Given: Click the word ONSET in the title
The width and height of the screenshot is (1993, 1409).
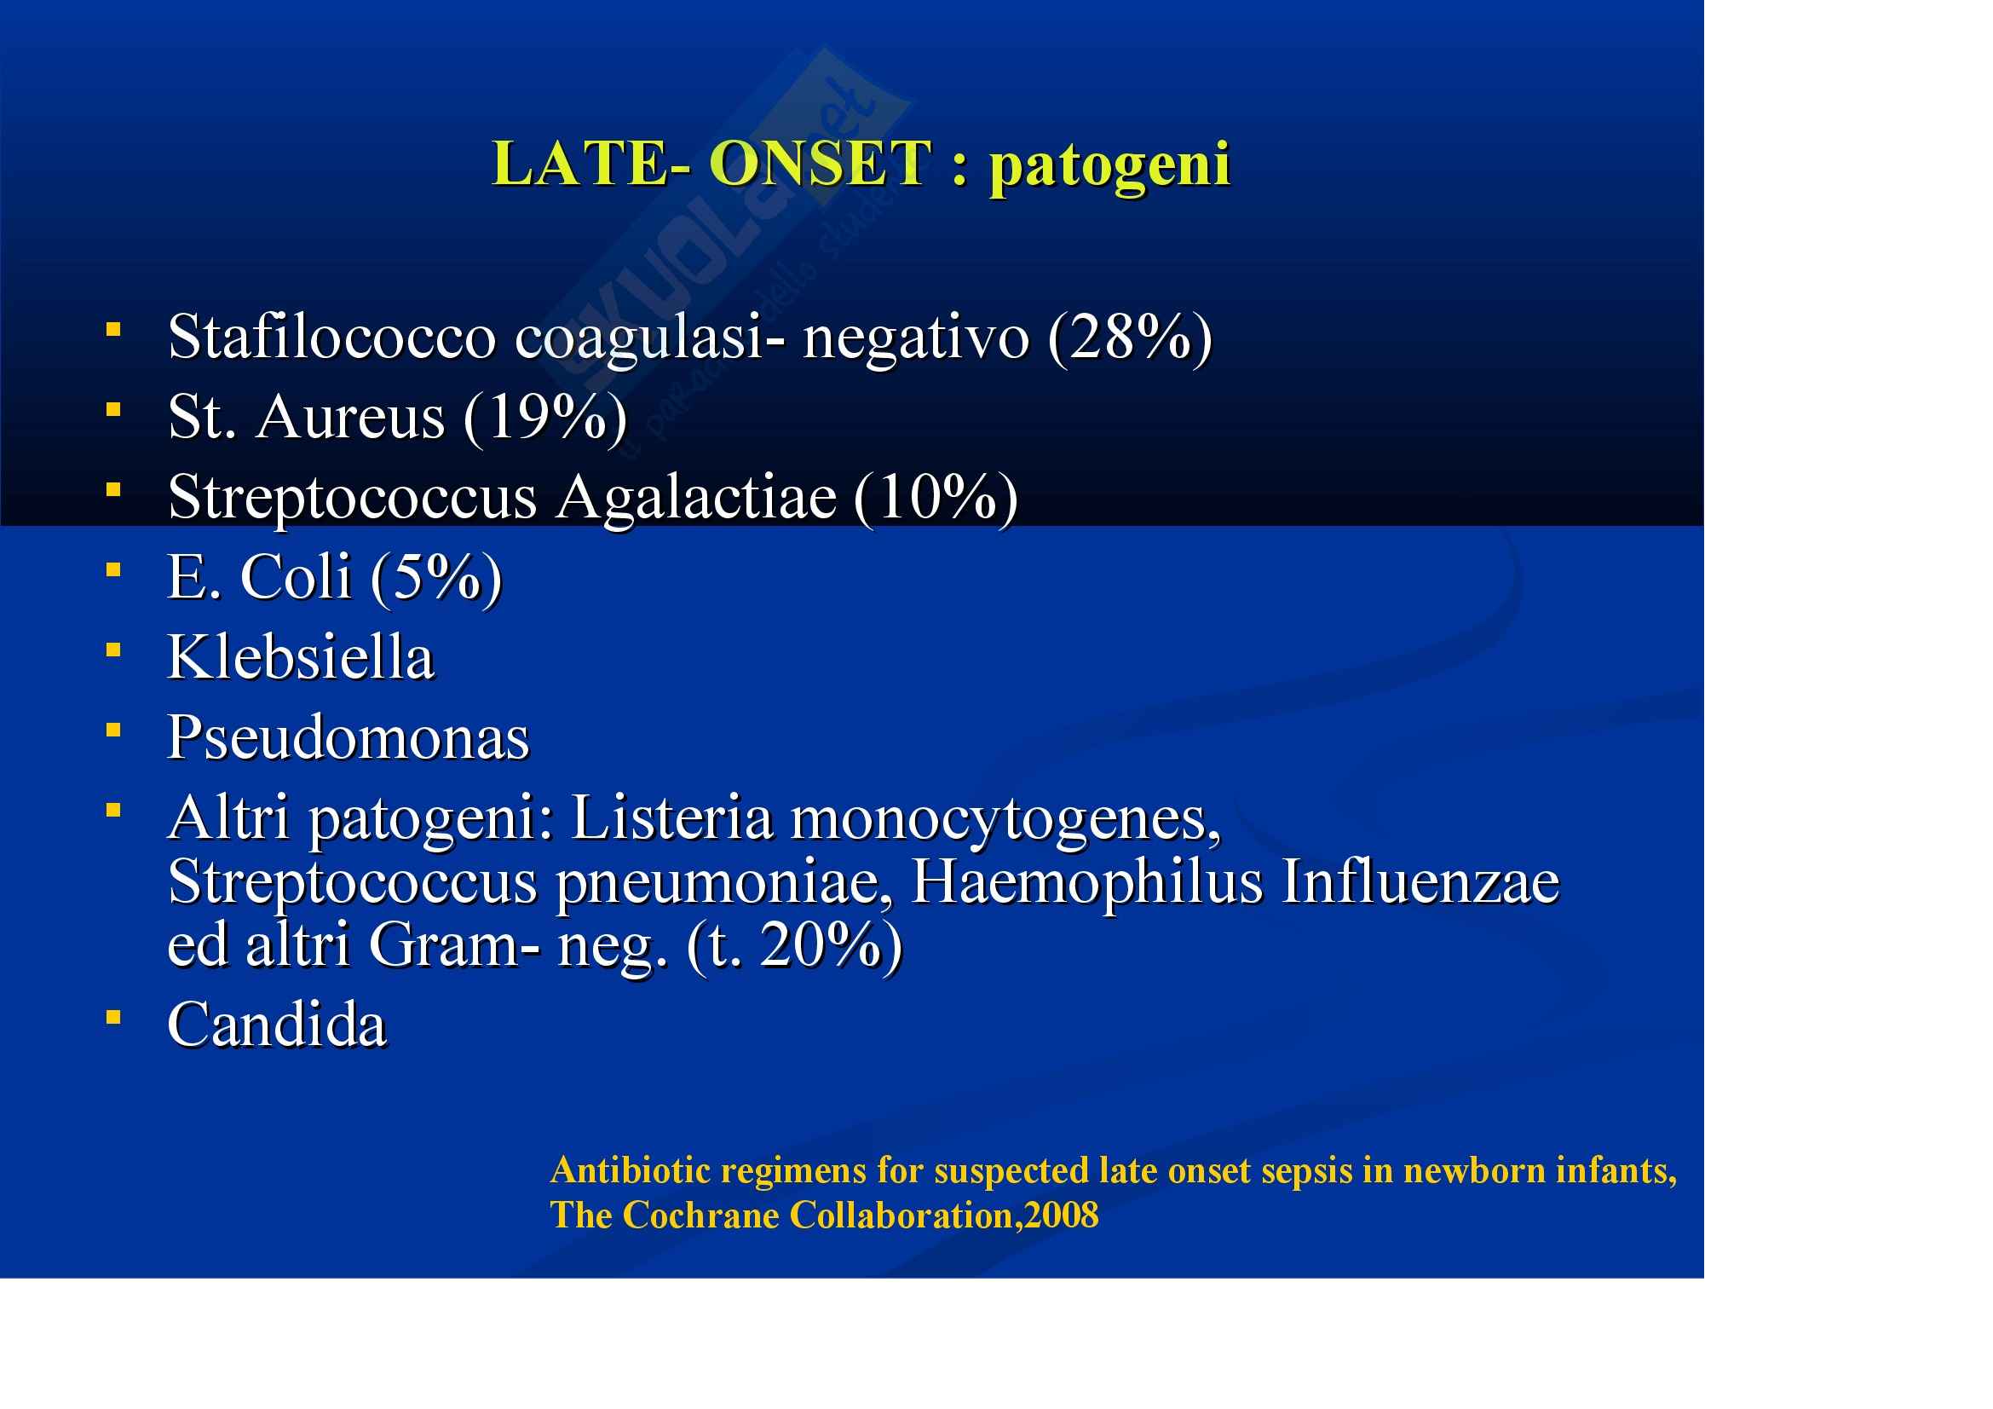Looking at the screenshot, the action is (821, 163).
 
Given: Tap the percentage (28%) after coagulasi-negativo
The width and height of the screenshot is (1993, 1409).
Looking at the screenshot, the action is (1130, 338).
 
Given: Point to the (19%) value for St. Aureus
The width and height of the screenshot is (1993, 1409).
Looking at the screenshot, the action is (545, 419).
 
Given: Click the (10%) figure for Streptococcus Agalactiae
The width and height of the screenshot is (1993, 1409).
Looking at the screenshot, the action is (936, 500).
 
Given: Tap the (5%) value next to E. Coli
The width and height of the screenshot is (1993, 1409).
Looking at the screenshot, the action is (436, 579).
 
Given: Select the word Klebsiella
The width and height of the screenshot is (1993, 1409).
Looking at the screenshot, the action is (300, 657).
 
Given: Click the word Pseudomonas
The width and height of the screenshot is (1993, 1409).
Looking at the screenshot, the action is (348, 738).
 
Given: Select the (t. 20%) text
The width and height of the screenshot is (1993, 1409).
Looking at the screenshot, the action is (794, 947).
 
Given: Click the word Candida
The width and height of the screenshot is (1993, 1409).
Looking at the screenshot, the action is (277, 1025).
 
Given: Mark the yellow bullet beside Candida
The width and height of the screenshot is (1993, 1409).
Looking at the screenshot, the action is (112, 1017).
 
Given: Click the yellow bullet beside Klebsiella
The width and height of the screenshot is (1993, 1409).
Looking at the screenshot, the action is (112, 649).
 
